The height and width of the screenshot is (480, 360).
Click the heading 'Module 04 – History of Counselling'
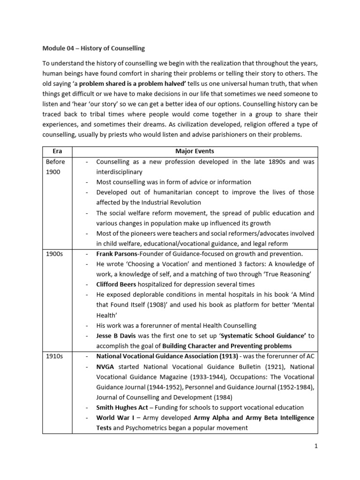click(x=93, y=48)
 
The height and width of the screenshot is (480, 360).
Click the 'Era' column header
click(x=57, y=151)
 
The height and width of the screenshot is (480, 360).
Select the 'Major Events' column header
click(x=194, y=151)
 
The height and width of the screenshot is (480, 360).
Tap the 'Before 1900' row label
click(x=55, y=167)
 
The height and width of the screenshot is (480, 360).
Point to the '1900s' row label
click(x=54, y=254)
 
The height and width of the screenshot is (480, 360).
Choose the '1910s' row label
click(x=54, y=356)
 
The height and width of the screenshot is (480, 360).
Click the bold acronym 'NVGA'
click(x=106, y=367)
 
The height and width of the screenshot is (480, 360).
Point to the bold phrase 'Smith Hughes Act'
click(x=122, y=407)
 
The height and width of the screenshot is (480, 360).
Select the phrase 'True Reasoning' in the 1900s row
click(x=288, y=274)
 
